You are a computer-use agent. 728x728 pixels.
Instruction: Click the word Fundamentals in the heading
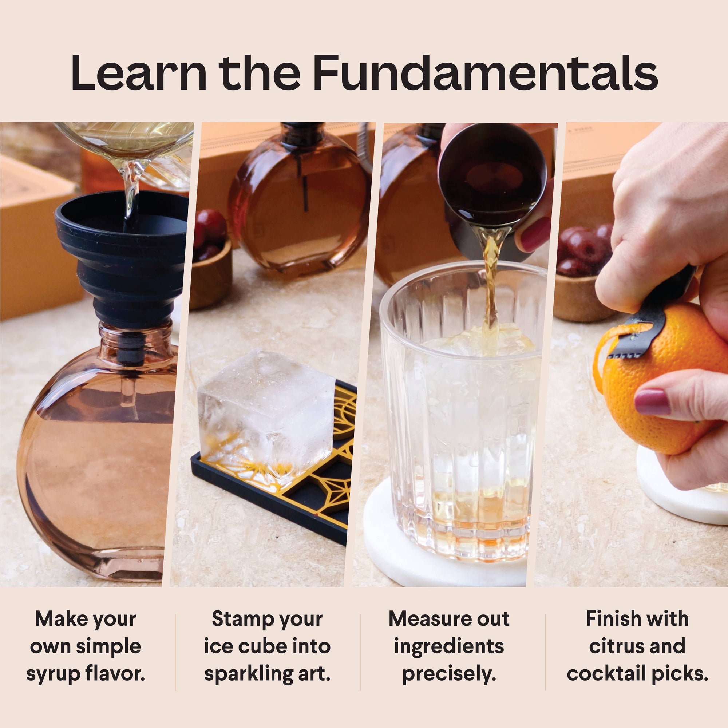[485, 72]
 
